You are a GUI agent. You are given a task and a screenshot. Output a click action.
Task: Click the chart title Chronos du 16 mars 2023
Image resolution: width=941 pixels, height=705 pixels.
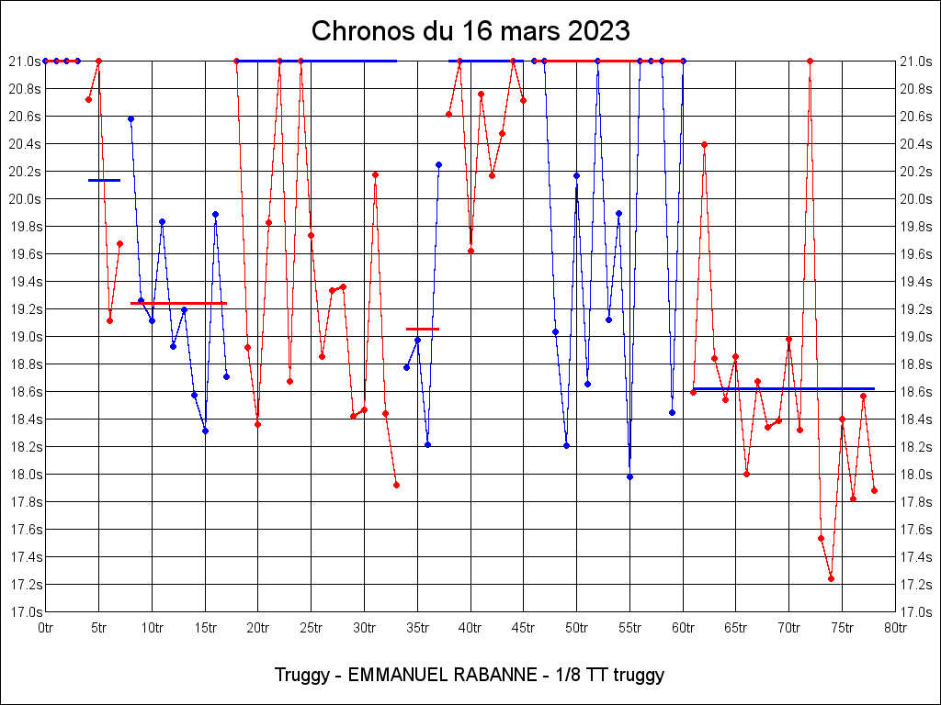tap(470, 30)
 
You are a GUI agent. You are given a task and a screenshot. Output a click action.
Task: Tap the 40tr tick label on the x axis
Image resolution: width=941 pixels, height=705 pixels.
tap(470, 628)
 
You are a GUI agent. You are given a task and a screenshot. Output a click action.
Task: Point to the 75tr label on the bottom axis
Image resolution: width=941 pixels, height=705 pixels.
tap(843, 628)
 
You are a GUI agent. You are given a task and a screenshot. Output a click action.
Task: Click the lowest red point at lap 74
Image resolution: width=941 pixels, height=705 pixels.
tap(831, 578)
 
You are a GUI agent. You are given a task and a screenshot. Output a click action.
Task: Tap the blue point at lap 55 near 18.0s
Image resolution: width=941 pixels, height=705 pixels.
tap(629, 476)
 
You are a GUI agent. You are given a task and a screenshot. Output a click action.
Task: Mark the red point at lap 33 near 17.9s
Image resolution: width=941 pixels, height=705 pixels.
tap(396, 485)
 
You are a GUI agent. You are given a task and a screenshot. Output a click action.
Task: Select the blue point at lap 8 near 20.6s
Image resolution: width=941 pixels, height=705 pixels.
tap(130, 118)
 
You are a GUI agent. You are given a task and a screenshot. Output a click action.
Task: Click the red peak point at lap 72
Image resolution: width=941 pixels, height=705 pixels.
tap(810, 61)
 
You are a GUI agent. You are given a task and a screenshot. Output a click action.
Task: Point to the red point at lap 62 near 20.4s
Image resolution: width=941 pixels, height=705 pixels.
tap(704, 144)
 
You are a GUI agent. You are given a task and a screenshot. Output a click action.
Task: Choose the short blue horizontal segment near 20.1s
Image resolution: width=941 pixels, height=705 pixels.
tap(104, 180)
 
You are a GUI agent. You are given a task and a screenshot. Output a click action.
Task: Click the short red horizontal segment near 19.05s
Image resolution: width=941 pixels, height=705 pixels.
tap(423, 329)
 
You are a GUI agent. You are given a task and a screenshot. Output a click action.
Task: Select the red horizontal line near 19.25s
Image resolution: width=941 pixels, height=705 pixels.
tap(178, 303)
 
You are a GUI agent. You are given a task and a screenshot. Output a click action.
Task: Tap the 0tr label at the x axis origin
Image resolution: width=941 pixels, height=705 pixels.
tap(45, 628)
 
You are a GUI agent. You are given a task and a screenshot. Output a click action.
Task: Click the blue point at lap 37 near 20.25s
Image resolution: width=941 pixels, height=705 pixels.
tap(438, 164)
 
